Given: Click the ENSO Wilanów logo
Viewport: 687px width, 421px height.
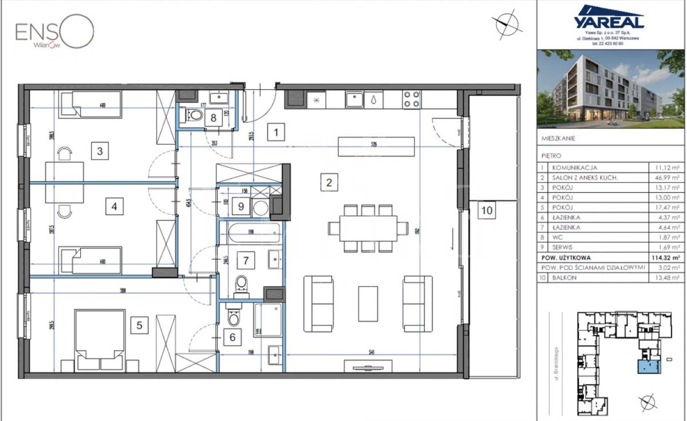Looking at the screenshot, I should (x=54, y=33).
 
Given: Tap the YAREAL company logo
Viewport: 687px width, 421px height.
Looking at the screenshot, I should (x=609, y=18).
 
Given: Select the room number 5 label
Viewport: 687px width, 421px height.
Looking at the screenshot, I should (x=139, y=325).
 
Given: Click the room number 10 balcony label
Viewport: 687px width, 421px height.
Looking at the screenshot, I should (x=486, y=210).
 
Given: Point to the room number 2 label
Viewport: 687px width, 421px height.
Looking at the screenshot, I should (x=328, y=183).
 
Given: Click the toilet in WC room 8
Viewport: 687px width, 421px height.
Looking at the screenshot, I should (x=195, y=116).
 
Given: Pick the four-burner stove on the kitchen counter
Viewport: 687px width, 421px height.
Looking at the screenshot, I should (x=411, y=100).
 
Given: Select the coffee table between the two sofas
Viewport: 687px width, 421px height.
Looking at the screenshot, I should (x=368, y=303).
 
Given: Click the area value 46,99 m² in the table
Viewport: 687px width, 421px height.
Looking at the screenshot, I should (x=666, y=178).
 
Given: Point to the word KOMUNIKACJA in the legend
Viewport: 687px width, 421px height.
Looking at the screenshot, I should (x=574, y=168).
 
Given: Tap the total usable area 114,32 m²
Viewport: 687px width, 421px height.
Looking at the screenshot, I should (x=666, y=257).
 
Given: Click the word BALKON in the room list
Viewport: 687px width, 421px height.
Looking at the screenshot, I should (x=566, y=278).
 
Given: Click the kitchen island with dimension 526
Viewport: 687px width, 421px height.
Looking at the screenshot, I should (x=374, y=146).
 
